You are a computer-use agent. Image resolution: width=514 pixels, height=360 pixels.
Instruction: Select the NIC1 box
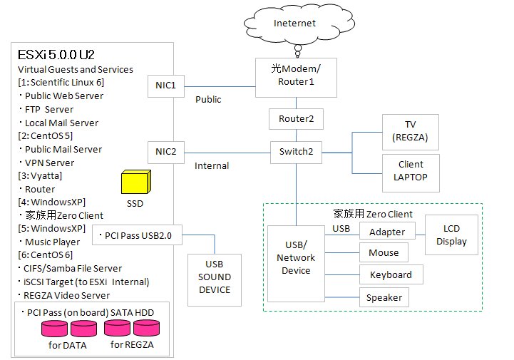pyautogui.click(x=165, y=86)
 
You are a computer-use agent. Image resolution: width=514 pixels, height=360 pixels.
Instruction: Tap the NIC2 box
pyautogui.click(x=165, y=151)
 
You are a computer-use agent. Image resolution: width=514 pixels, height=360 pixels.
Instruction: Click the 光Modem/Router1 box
pyautogui.click(x=295, y=75)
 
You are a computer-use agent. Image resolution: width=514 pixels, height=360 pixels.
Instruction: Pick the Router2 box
pyautogui.click(x=295, y=119)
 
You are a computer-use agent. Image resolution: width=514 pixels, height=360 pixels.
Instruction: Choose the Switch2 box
pyautogui.click(x=295, y=151)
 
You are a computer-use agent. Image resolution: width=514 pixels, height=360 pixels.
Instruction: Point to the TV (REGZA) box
pyautogui.click(x=411, y=131)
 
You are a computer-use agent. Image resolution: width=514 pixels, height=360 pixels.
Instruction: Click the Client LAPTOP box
pyautogui.click(x=411, y=171)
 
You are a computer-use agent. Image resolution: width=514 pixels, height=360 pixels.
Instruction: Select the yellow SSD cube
pyautogui.click(x=135, y=182)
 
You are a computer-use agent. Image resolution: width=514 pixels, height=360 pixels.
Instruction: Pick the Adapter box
pyautogui.click(x=387, y=232)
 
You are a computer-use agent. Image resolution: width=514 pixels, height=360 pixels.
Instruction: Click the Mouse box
pyautogui.click(x=384, y=252)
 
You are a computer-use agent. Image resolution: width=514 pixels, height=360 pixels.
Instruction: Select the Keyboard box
pyautogui.click(x=391, y=274)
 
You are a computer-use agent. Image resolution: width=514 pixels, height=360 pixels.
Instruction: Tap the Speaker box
pyautogui.click(x=384, y=297)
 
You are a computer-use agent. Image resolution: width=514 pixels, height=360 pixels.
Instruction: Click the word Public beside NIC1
pyautogui.click(x=208, y=100)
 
